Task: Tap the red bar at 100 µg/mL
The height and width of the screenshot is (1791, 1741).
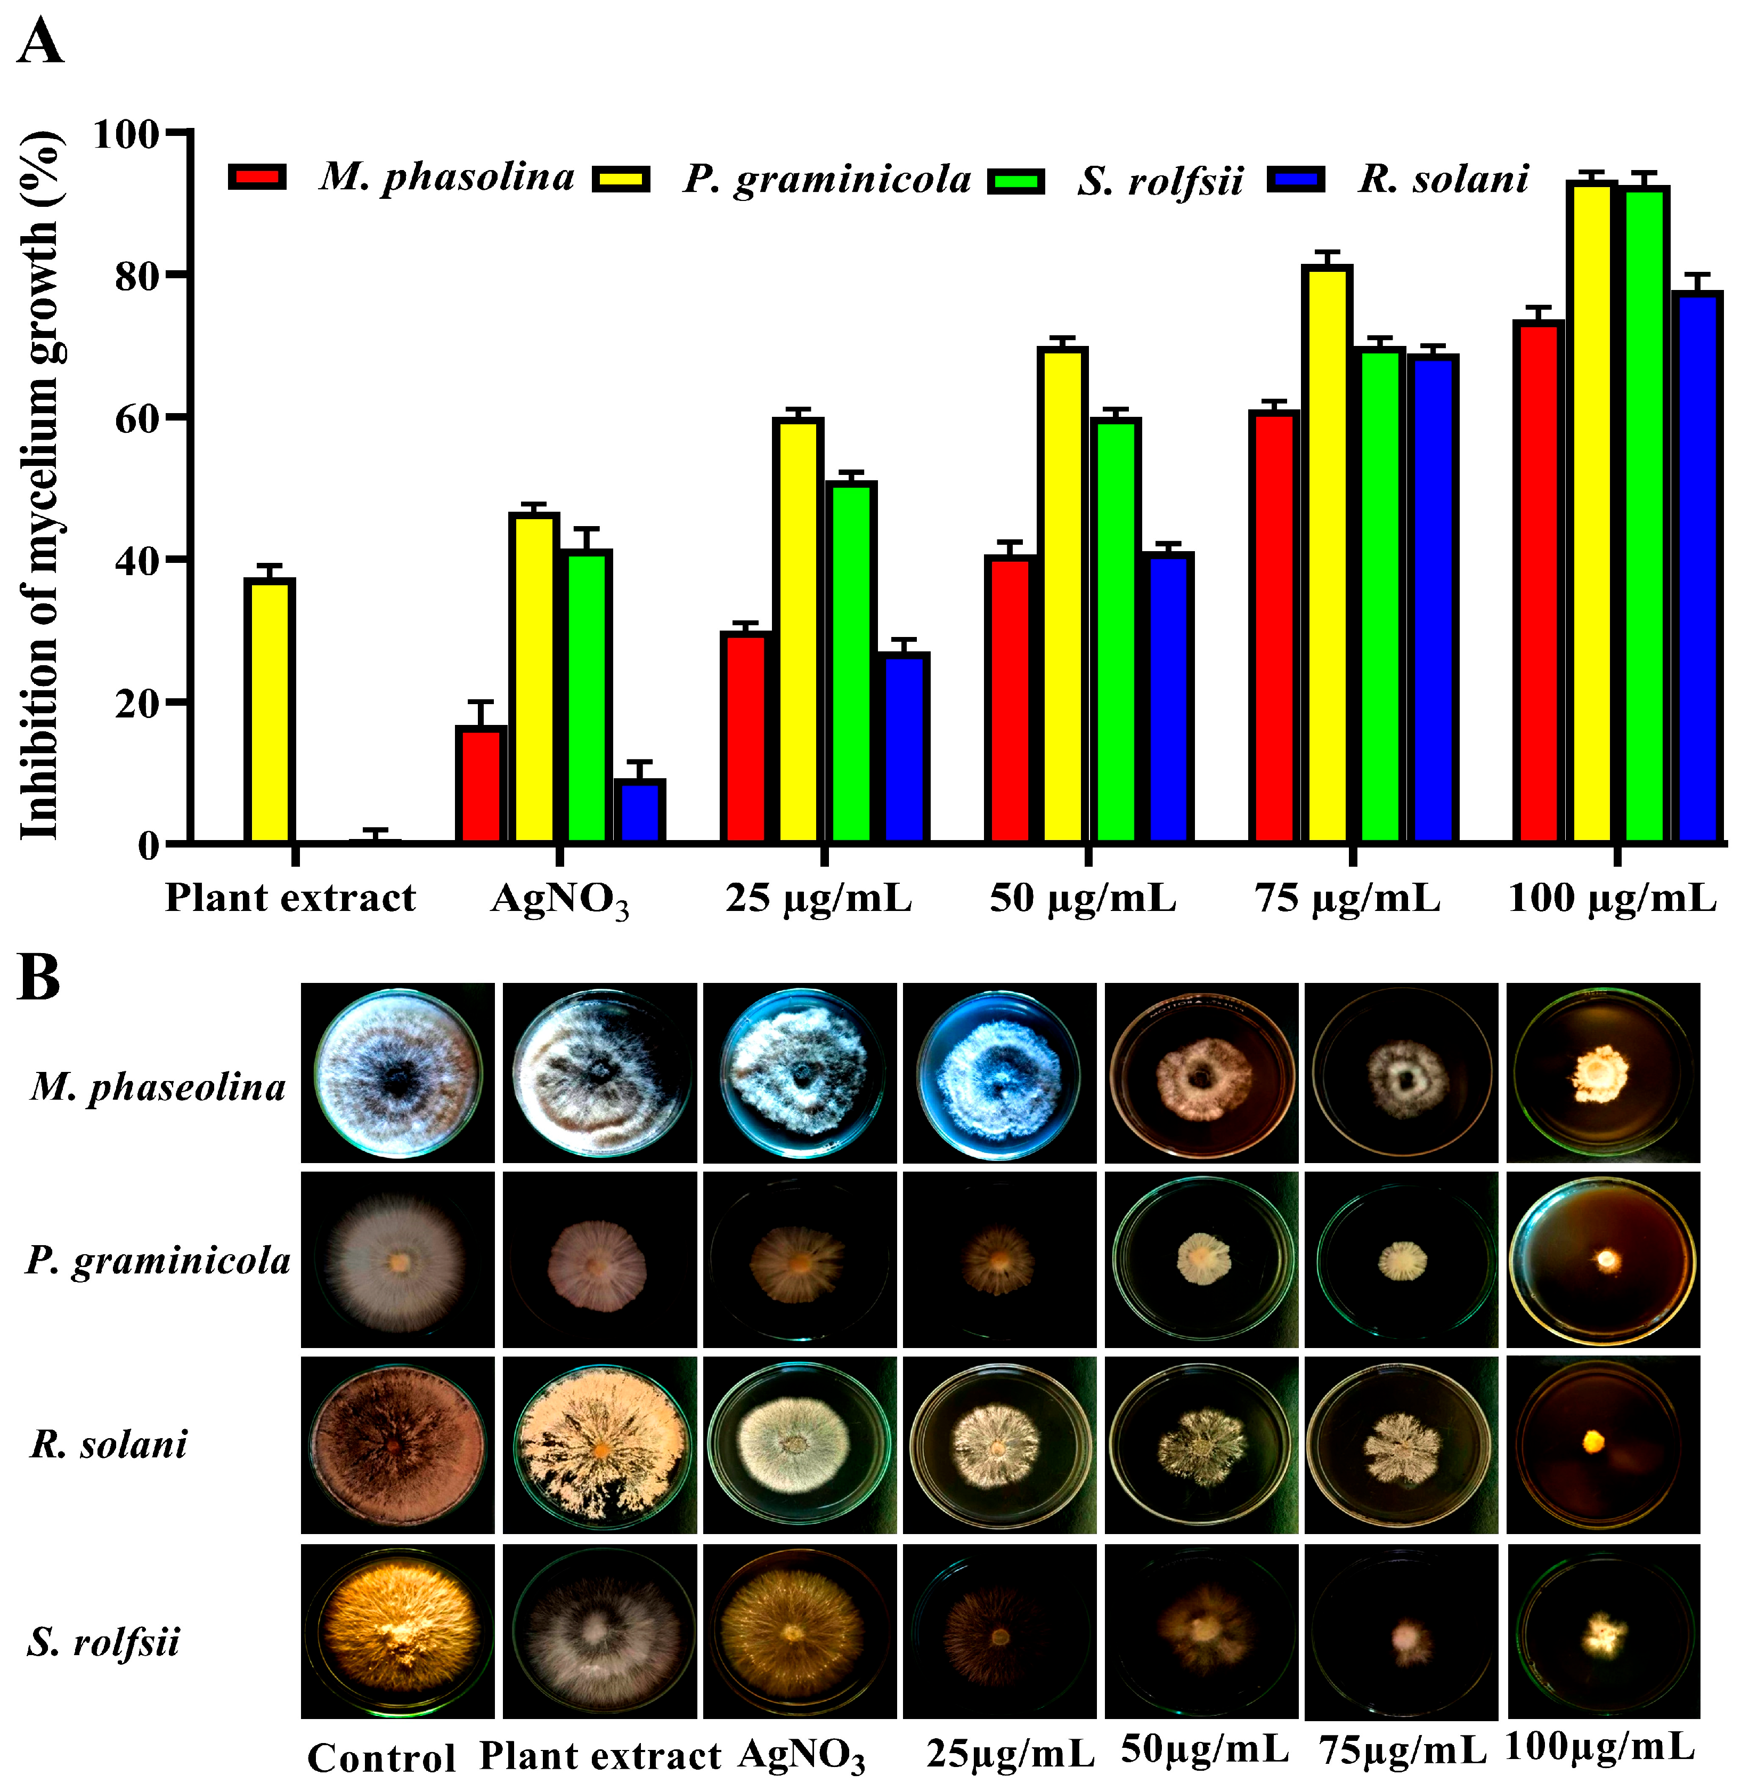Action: point(1537,581)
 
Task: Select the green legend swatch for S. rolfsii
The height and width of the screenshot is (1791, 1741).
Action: point(1016,180)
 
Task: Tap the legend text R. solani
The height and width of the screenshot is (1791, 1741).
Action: point(1443,179)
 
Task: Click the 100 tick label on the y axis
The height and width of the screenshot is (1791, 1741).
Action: point(127,134)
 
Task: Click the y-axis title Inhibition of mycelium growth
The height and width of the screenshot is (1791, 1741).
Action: point(40,485)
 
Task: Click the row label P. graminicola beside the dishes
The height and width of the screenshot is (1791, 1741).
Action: point(157,1261)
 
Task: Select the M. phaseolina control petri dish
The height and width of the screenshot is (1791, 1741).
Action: point(398,1073)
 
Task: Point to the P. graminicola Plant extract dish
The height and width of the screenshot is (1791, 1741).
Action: point(599,1261)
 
